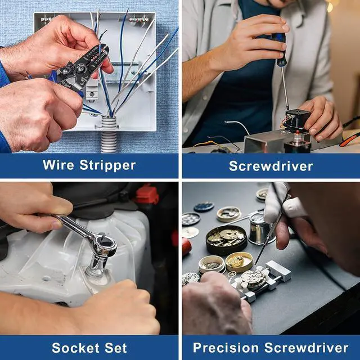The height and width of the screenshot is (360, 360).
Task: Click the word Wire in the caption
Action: tap(58, 165)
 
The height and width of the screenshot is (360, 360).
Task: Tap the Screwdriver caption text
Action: tap(271, 166)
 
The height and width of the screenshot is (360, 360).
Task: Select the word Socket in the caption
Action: tap(75, 348)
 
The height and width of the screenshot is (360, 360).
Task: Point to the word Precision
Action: tap(226, 348)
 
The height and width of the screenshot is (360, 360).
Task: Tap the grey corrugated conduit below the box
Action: tap(109, 135)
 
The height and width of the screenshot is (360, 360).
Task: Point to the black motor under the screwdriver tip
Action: tap(297, 120)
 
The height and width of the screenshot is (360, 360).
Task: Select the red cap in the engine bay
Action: tap(146, 195)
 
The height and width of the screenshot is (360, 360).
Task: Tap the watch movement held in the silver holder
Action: tap(254, 278)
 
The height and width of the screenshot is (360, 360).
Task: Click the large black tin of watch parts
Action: tap(226, 240)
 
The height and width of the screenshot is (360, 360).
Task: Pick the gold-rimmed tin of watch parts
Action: tap(239, 262)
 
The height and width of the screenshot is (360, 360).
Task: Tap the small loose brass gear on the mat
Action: tap(231, 274)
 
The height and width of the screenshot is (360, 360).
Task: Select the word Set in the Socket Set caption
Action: tap(116, 348)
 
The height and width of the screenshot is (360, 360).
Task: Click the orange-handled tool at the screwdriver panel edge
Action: tap(349, 140)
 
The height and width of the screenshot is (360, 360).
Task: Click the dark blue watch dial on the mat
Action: tap(204, 206)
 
